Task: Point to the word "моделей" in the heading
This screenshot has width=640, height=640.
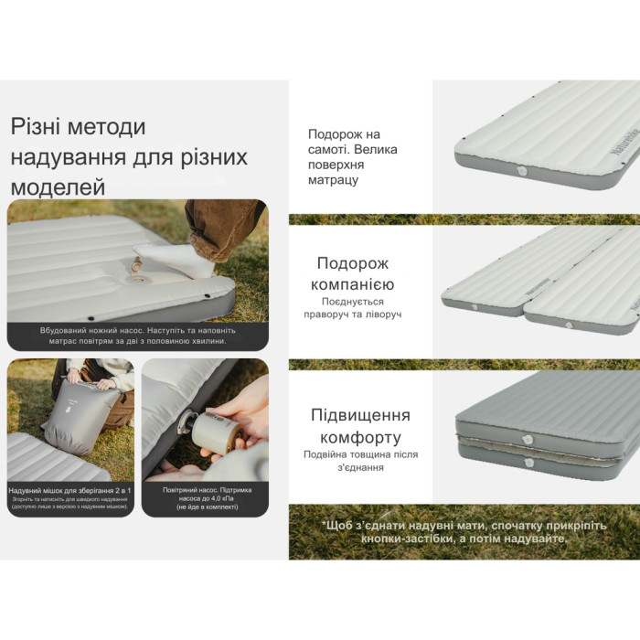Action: point(58,187)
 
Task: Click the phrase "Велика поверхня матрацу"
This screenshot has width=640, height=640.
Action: point(352,165)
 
